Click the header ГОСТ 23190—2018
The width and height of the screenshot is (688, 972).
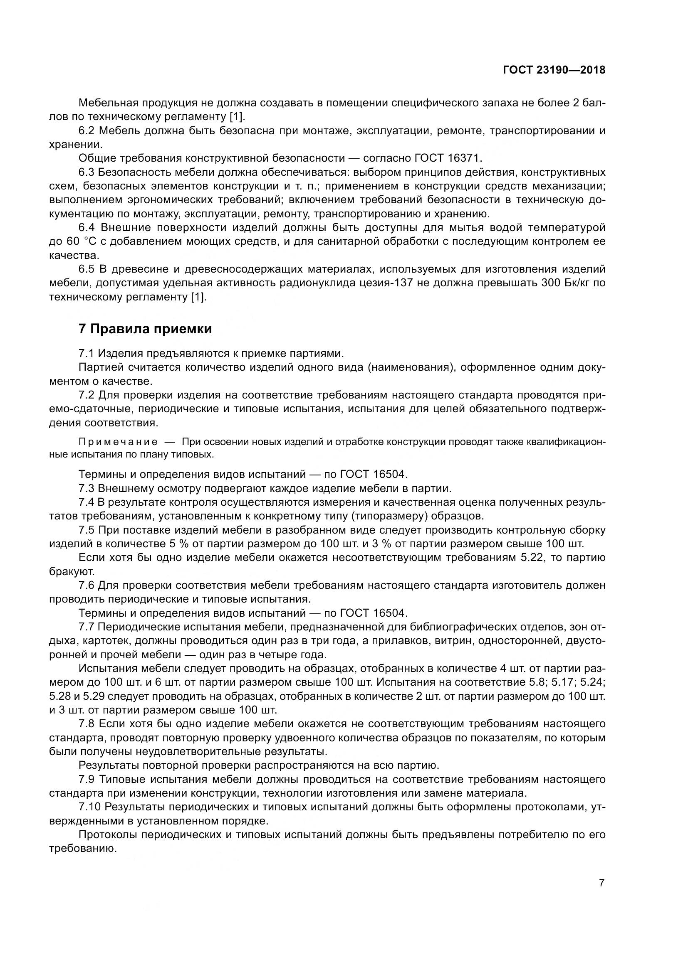[x=554, y=70]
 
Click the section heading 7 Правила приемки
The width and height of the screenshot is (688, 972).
[x=145, y=329]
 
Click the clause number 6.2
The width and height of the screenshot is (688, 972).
[x=88, y=130]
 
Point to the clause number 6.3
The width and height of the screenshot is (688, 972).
[x=88, y=172]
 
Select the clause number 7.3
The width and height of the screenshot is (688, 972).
[x=87, y=488]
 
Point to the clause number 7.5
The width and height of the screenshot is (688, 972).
[x=87, y=530]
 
